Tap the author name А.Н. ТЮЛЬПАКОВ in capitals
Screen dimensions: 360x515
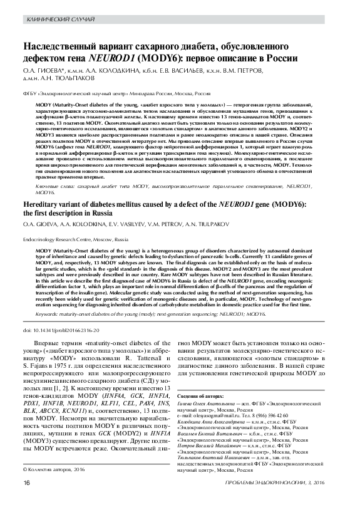tap(63, 80)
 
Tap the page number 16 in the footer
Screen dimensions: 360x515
tap(27, 500)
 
